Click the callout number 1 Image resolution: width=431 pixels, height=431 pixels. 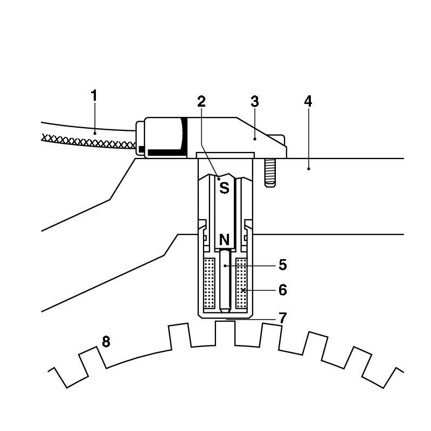tap(94, 96)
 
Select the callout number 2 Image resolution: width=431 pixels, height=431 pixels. tap(201, 101)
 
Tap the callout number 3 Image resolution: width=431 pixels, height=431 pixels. tap(255, 101)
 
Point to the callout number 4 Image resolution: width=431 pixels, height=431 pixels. tap(308, 101)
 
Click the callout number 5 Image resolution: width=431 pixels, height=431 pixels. tap(283, 265)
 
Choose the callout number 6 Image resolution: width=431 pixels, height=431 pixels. tap(283, 290)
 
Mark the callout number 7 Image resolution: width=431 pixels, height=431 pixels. tap(283, 318)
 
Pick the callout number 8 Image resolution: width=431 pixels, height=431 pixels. tap(106, 342)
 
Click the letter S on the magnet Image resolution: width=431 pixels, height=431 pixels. tap(223, 188)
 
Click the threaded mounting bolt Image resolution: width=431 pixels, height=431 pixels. tap(270, 172)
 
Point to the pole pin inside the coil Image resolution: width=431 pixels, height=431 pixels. tap(225, 280)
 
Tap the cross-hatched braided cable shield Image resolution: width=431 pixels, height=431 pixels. tap(86, 141)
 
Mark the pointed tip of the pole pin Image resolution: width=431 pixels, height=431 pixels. tap(225, 310)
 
